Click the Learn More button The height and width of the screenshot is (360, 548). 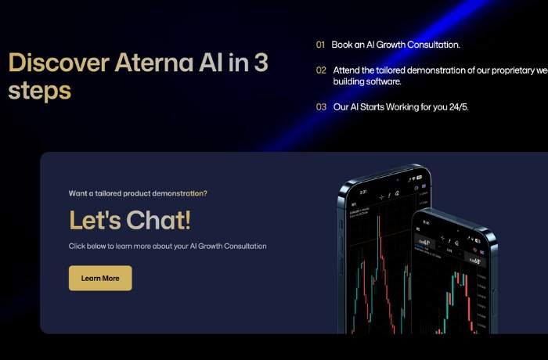coord(100,278)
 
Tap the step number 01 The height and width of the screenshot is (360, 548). coord(320,45)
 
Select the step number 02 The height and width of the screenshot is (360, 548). coord(321,70)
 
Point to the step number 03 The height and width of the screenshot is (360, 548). coord(321,106)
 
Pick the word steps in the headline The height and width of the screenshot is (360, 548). coord(39,90)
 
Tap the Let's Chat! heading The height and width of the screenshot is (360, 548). coord(129,220)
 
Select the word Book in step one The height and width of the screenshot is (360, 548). coord(341,45)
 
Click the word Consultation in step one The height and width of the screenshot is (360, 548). coord(432,45)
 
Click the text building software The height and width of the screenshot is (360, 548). coord(367,81)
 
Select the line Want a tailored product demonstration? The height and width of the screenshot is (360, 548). coord(138,193)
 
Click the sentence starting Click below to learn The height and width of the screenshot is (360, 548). coord(168,246)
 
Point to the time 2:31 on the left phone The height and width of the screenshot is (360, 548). coord(363,190)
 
